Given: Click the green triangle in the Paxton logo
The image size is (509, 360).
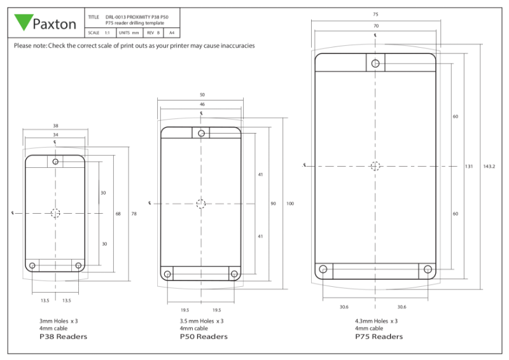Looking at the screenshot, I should (24, 23).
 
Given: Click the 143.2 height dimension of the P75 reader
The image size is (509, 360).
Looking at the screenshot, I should (489, 166).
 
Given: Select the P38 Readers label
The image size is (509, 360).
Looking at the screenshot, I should (63, 336).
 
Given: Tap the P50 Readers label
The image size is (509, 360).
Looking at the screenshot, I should (204, 336).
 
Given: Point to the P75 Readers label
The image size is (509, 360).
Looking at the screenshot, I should (379, 336).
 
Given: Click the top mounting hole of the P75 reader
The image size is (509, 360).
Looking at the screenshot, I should (375, 63).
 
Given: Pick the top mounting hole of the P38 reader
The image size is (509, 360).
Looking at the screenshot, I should (56, 162).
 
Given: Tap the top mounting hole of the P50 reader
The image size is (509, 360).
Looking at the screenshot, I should (202, 133).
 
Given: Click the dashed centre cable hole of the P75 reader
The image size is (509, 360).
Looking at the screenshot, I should (375, 166).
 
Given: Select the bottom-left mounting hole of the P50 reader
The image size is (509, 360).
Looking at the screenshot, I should (167, 274).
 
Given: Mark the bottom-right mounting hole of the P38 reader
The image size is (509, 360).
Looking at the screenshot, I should (79, 265).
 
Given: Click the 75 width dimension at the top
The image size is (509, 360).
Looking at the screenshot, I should (375, 13).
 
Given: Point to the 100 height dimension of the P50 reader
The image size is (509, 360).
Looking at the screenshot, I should (291, 204).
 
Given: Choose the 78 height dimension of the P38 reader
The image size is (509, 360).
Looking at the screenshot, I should (134, 214).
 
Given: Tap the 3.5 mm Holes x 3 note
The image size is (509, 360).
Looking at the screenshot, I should (202, 321).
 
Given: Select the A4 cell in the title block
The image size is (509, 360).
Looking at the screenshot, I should (171, 31).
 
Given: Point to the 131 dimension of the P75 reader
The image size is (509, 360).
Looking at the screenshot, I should (469, 166).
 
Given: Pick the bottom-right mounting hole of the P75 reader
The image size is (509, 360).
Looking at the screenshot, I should (428, 270).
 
